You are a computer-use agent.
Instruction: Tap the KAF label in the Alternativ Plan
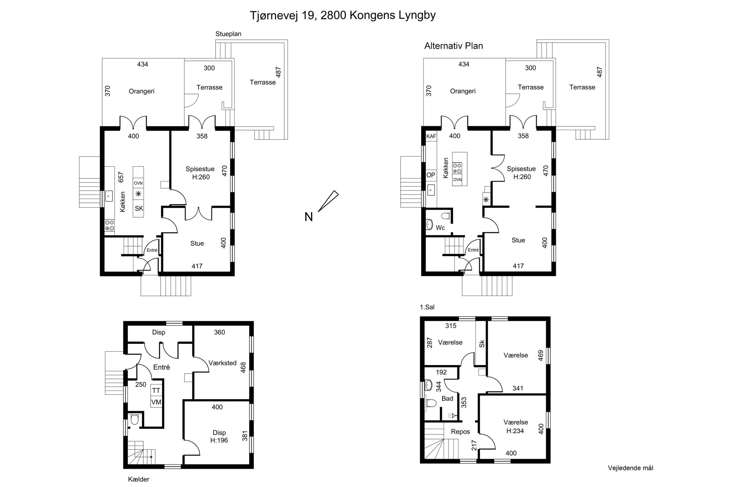coord(431,136)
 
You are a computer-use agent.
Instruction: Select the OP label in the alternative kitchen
coord(431,175)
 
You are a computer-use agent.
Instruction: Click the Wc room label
coord(440,228)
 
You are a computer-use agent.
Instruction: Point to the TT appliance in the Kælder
coord(156,391)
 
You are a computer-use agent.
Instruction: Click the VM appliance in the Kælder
coord(156,402)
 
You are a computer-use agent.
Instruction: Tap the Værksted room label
coord(222,363)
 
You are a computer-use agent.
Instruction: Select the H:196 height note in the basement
coord(219,441)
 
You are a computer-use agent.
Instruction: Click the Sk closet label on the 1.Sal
coord(482,344)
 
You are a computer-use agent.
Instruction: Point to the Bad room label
coord(447,398)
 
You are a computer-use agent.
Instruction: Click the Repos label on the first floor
coord(460,432)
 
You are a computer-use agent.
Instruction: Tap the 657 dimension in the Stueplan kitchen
coord(121,177)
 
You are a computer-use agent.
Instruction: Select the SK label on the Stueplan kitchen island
coord(139,208)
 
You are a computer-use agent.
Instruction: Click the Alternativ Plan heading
coord(454,46)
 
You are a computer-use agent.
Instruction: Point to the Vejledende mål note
coord(630,468)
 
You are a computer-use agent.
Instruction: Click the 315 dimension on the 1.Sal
coord(451,326)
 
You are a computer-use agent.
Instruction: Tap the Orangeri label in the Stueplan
coord(141,91)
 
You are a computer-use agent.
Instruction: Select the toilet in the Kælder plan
coord(134,420)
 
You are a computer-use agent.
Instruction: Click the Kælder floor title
coord(139,479)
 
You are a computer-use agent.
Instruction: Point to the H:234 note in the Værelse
coord(516,431)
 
